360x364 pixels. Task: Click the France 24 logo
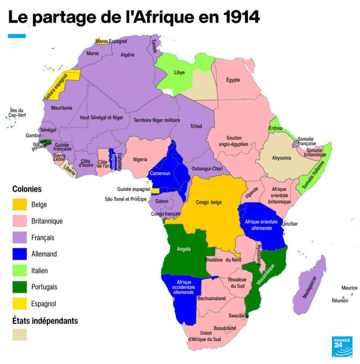tap(342, 347)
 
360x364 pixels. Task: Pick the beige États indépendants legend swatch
tap(20, 334)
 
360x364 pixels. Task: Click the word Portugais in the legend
tap(44, 287)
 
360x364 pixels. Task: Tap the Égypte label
tap(233, 80)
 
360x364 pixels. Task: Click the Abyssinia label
tap(281, 158)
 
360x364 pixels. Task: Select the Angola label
tap(184, 249)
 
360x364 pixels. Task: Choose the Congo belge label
tap(208, 202)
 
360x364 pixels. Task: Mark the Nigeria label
tap(140, 159)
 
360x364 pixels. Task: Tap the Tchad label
tap(196, 126)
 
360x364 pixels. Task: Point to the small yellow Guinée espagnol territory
tap(156, 191)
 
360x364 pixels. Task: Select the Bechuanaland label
tap(212, 298)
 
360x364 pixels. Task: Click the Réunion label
tap(340, 301)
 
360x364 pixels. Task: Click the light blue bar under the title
tap(17, 36)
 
